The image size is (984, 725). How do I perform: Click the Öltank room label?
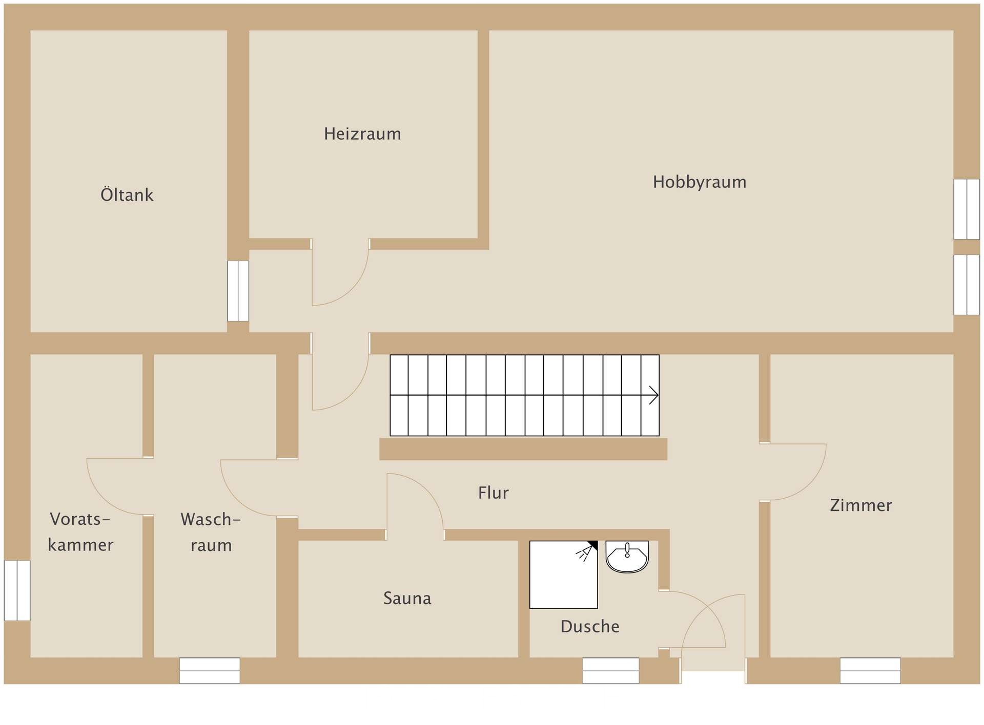[127, 195]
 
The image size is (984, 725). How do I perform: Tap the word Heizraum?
[362, 134]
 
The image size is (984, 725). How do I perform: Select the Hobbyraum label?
[700, 183]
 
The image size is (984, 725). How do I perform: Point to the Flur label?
[494, 493]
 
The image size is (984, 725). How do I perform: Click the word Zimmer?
[861, 505]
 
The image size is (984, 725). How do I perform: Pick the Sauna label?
[407, 598]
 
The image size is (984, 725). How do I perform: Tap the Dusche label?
[590, 626]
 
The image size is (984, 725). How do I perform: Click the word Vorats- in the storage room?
[80, 519]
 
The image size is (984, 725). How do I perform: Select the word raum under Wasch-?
[211, 546]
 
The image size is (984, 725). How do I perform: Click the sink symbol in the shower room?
[627, 557]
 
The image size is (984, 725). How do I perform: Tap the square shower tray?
[564, 575]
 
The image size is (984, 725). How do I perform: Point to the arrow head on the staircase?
[654, 395]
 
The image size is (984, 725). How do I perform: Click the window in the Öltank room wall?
[238, 291]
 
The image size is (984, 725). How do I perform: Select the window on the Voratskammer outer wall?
[17, 590]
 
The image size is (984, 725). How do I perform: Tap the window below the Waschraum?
[210, 671]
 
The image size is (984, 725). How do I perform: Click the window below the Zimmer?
[870, 671]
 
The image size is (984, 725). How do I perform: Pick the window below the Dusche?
[611, 671]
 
